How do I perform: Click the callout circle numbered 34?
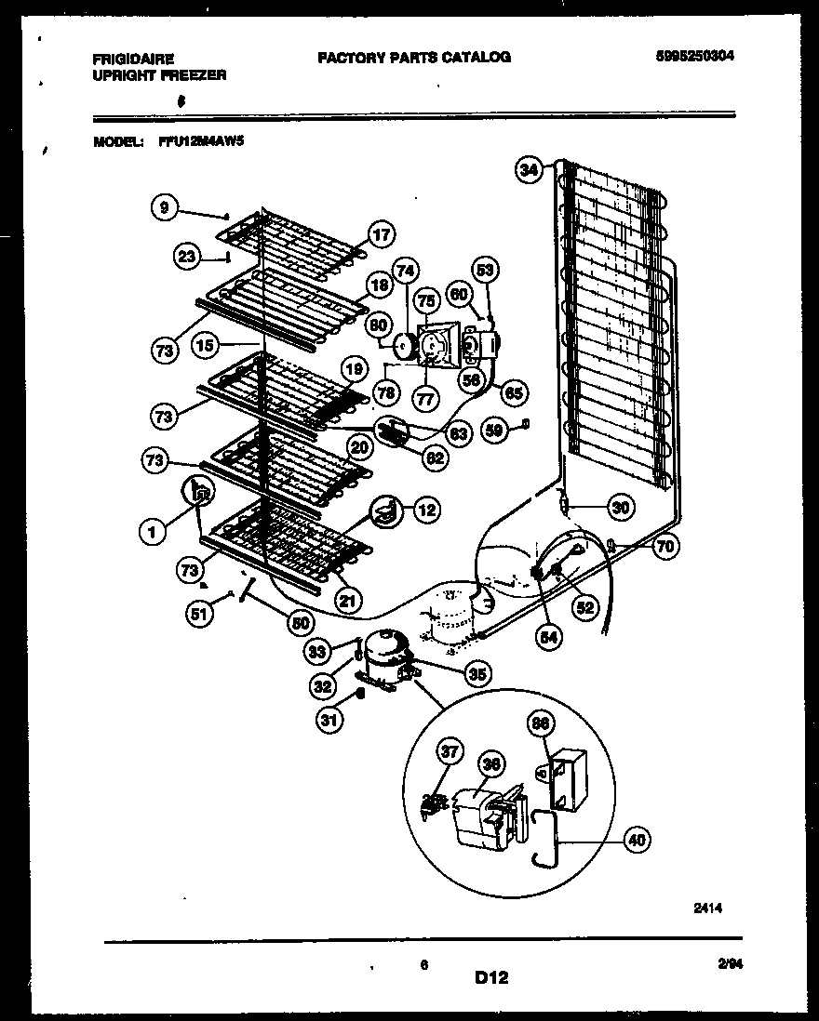(x=529, y=169)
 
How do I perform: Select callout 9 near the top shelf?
(x=164, y=208)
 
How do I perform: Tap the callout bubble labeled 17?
(x=381, y=234)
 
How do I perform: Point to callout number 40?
(x=636, y=841)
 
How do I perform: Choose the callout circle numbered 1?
(x=151, y=531)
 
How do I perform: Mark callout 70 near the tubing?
(x=664, y=547)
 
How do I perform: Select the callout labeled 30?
(x=620, y=507)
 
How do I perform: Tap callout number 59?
(x=497, y=430)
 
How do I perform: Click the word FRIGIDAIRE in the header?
(x=132, y=58)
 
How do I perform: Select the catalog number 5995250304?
(x=694, y=56)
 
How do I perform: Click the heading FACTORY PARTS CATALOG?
(x=414, y=57)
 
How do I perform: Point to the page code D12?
(x=493, y=977)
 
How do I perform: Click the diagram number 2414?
(x=706, y=908)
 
